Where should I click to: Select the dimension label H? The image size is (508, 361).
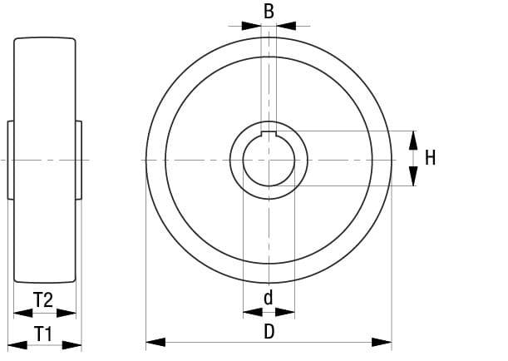coord(430,157)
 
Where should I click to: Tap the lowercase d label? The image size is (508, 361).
coord(268,297)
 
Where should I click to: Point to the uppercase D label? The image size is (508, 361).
coord(269,331)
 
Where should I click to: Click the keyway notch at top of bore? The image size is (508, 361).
coord(269,134)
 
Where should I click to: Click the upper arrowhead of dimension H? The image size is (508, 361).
coord(414,139)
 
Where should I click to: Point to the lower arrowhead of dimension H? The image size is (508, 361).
coord(414,176)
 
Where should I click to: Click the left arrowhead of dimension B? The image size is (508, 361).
coord(252,26)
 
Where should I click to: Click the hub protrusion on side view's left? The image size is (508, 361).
coord(11,159)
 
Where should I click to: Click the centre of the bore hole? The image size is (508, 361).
coord(269,159)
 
